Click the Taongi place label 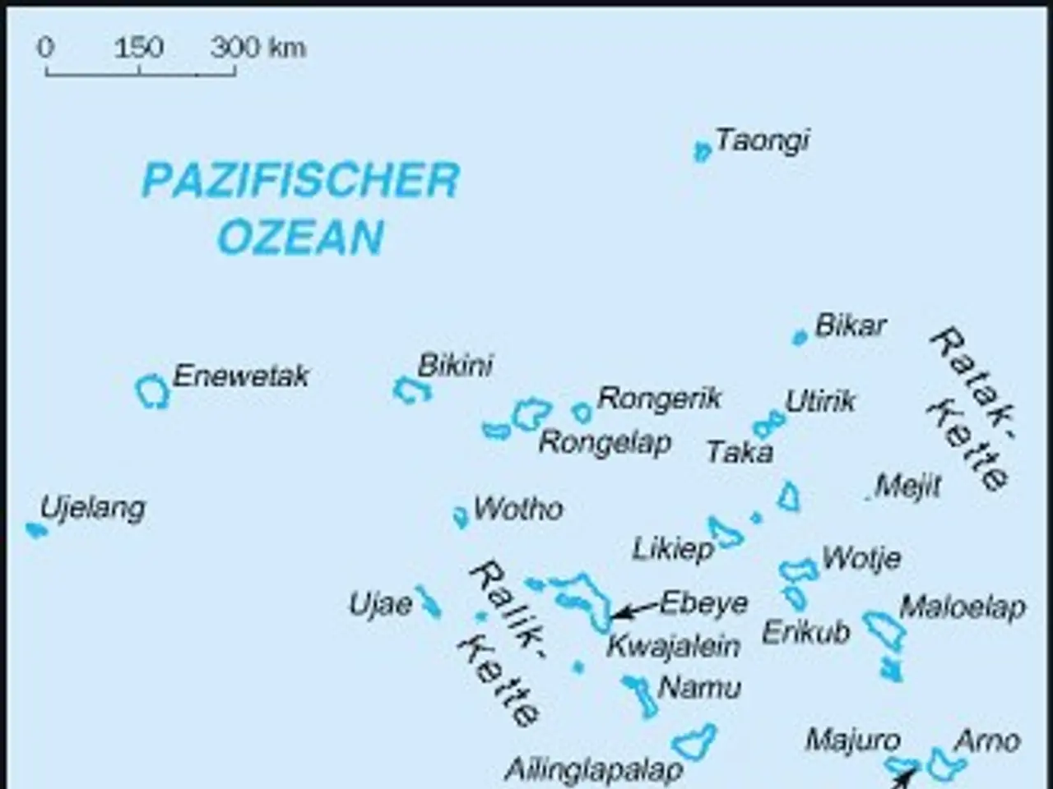[x=762, y=141]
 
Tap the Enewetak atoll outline [x=152, y=391]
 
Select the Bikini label [x=455, y=365]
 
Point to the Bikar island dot [x=799, y=337]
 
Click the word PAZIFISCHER [x=300, y=181]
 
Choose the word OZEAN [x=300, y=237]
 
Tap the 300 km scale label [x=257, y=48]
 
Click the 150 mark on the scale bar [x=138, y=48]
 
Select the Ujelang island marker [x=35, y=530]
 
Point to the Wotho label [x=518, y=509]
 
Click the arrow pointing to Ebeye [x=635, y=610]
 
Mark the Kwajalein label [x=673, y=646]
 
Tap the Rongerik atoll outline [x=582, y=412]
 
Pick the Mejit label [x=907, y=486]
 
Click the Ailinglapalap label [x=593, y=770]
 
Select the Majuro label [x=852, y=741]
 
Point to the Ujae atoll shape [x=428, y=602]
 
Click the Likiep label [x=672, y=549]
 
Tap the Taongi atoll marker [x=702, y=151]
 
